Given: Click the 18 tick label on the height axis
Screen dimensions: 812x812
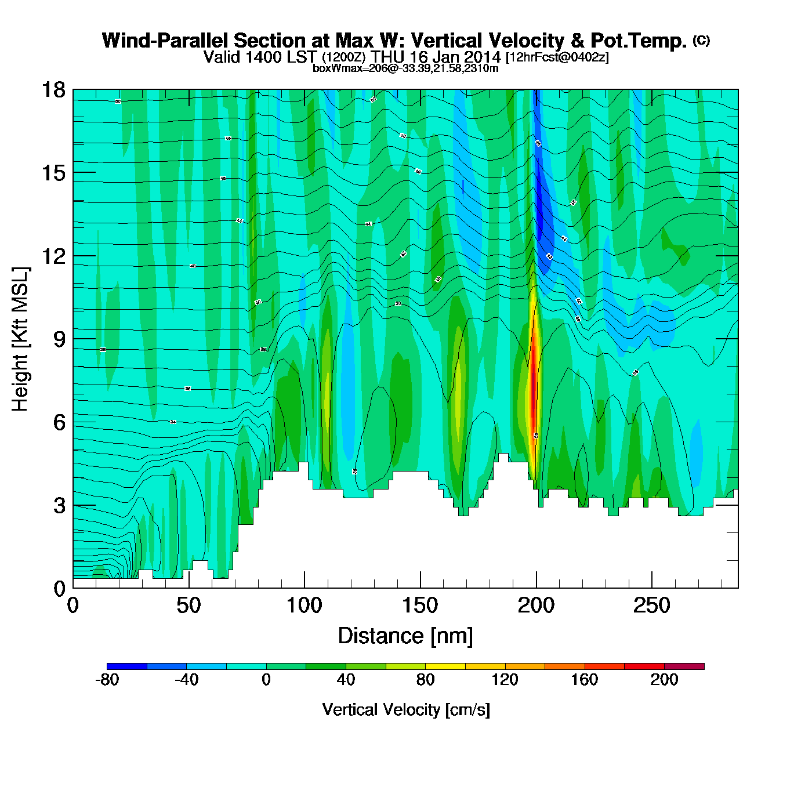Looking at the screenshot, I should [53, 90].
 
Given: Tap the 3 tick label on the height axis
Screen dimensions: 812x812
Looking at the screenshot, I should [60, 505].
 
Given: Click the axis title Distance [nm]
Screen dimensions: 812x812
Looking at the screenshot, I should [405, 636].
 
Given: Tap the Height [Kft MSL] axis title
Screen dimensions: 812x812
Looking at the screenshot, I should [20, 339].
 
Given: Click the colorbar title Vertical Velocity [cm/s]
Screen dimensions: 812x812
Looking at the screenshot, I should [405, 709].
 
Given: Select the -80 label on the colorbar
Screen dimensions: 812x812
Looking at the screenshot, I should [107, 680].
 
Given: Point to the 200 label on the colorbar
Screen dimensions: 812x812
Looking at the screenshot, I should [664, 680].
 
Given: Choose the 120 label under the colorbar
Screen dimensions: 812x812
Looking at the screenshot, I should [505, 680].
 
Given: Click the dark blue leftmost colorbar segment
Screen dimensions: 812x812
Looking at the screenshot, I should [127, 666].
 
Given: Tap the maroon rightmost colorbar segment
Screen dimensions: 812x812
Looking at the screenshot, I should [684, 666].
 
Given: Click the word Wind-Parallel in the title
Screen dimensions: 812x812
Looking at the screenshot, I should [165, 41].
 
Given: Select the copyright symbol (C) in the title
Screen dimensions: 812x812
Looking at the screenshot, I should [701, 40].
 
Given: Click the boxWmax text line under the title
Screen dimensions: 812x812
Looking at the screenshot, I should [405, 68].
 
